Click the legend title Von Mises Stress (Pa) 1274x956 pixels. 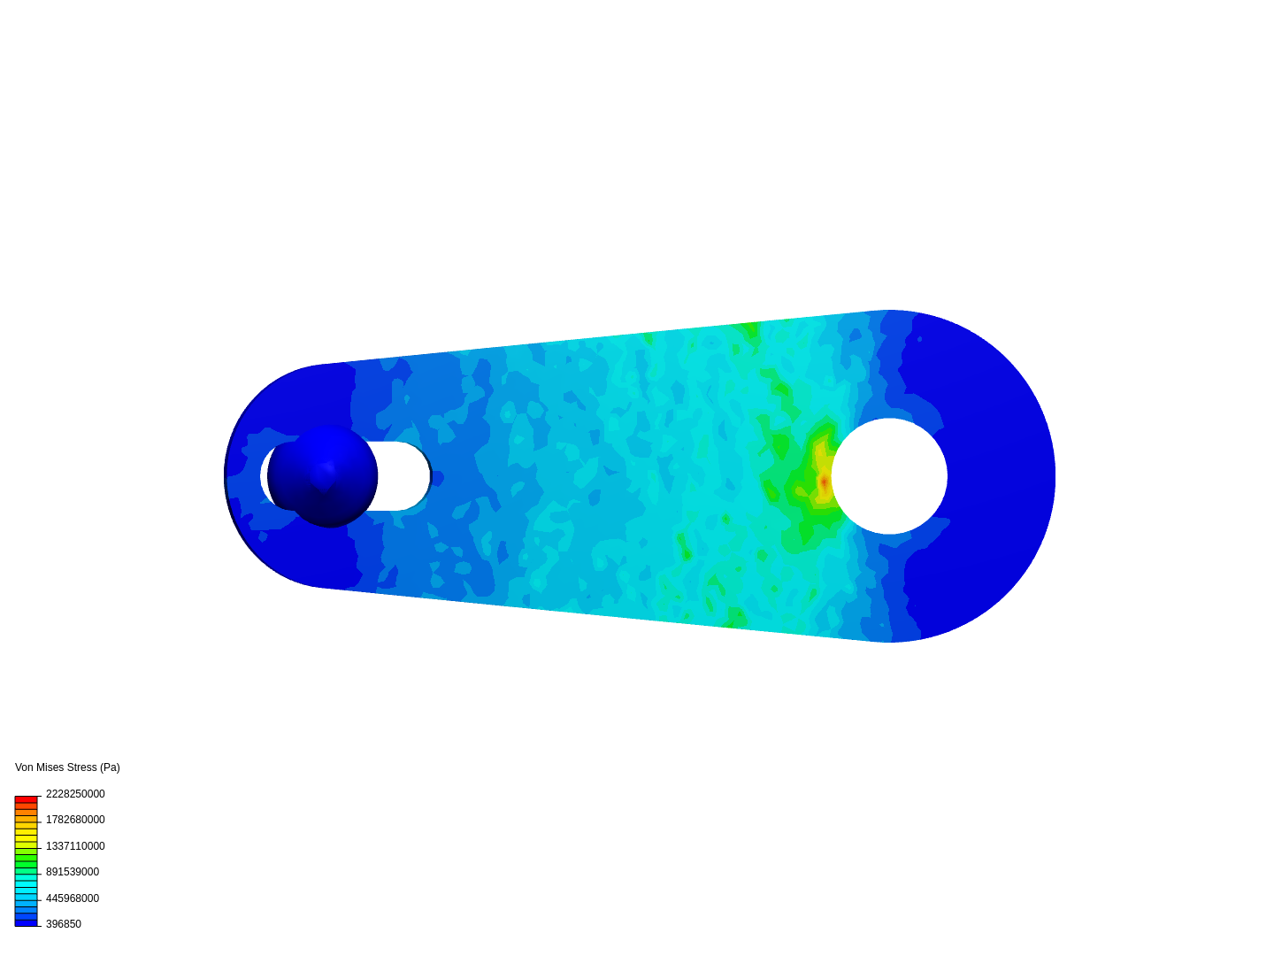[x=67, y=767]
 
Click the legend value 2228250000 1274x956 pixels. [x=75, y=794]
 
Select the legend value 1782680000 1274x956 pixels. [x=75, y=820]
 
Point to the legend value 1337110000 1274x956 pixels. [x=75, y=846]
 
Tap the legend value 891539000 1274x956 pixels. [x=73, y=872]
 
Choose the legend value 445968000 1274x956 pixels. [x=73, y=898]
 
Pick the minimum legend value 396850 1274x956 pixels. [x=64, y=924]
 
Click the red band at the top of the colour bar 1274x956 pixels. [x=26, y=799]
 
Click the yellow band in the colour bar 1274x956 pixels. [x=26, y=834]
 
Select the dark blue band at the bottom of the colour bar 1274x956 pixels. [x=26, y=922]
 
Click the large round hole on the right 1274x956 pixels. [x=889, y=476]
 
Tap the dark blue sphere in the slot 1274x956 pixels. [x=324, y=476]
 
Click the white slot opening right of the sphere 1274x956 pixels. [x=403, y=476]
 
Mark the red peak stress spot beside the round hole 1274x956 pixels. [x=824, y=482]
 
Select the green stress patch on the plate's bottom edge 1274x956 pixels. [x=733, y=618]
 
